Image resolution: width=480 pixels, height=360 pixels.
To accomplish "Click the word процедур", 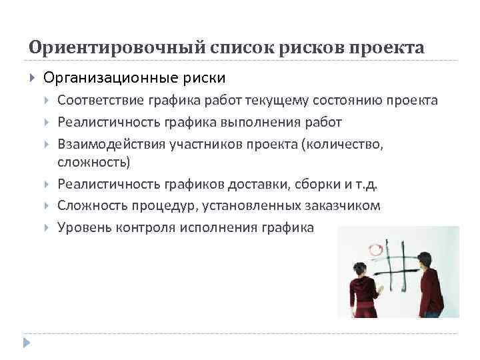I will coord(157,205).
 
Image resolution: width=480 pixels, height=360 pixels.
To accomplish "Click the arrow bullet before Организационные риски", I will coord(32,77).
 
